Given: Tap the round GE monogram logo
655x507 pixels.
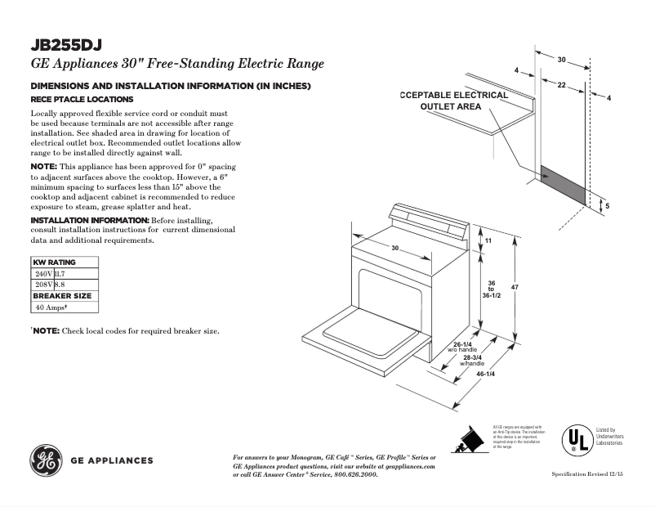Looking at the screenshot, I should tap(45, 460).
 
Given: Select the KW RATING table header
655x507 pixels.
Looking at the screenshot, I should tap(54, 262).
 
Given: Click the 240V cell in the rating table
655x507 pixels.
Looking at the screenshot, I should tap(42, 273).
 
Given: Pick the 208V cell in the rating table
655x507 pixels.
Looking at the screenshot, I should tap(42, 284).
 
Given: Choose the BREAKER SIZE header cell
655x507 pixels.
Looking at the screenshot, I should tap(62, 295).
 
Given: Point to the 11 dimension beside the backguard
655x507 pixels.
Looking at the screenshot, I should tap(488, 242).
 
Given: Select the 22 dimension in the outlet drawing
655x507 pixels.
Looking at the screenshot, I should tap(562, 85).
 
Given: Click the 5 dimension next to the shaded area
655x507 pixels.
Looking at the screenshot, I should tap(607, 206).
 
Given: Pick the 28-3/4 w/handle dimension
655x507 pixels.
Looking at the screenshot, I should tap(473, 359).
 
